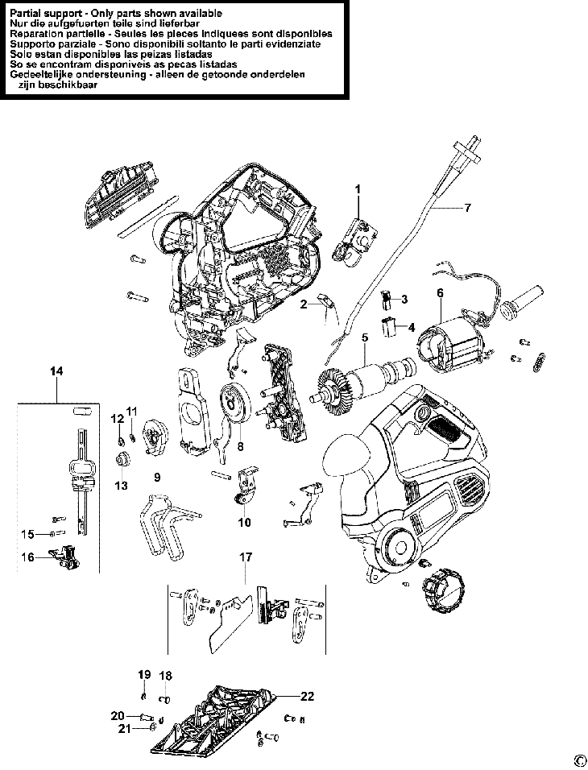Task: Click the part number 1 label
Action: pos(358,188)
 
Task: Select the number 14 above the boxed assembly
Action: pos(56,371)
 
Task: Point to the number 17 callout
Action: pos(246,557)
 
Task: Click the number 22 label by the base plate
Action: pos(308,696)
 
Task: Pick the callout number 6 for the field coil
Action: pos(440,293)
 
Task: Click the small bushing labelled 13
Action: pos(122,459)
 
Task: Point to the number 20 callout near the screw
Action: pos(118,716)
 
